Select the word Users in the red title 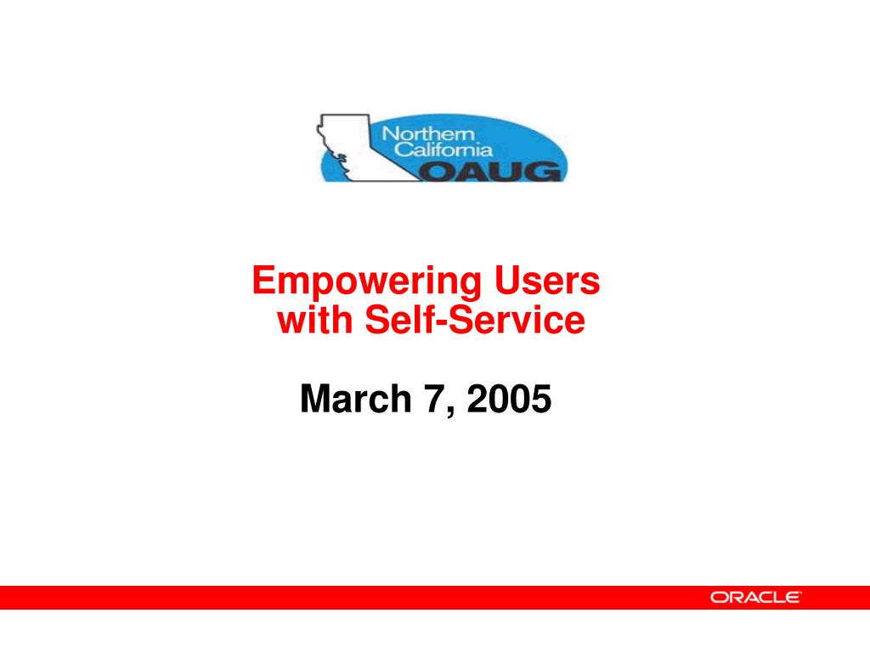pos(547,280)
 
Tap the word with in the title pos(314,320)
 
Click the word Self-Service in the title pos(475,320)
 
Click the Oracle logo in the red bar pos(755,598)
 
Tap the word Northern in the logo pos(428,133)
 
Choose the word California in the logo pos(443,150)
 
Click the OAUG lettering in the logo pos(490,171)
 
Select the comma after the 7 pos(450,410)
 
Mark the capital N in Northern pos(389,133)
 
